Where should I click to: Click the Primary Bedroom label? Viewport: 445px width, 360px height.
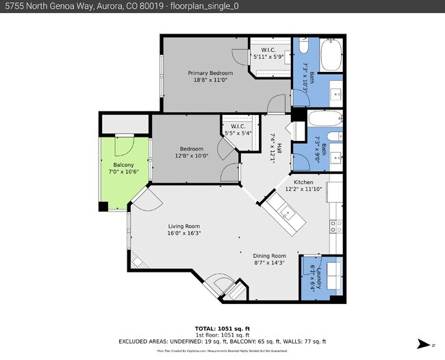pos(210,73)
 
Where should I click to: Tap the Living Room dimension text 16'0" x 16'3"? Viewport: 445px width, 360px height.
pos(183,233)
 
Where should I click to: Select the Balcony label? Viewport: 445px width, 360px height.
pos(123,164)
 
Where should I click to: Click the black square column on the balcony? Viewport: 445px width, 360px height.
pos(103,207)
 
